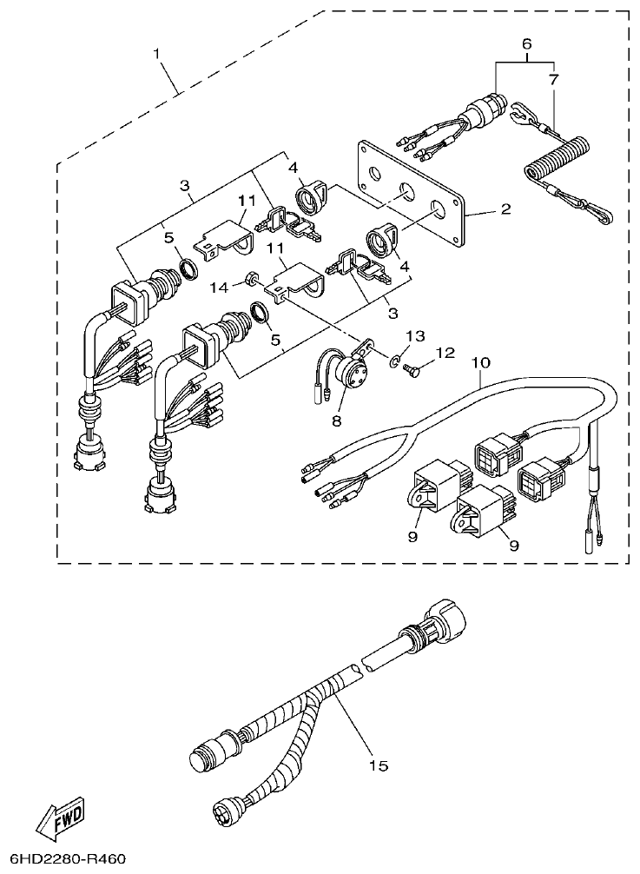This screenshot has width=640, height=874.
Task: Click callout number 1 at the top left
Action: [157, 54]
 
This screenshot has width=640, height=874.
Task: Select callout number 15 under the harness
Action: [377, 765]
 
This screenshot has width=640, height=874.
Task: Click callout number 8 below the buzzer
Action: [337, 420]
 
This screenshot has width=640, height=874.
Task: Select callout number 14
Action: [219, 285]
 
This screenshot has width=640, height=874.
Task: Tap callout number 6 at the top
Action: [525, 43]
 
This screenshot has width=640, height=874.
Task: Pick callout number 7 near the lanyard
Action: [554, 79]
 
